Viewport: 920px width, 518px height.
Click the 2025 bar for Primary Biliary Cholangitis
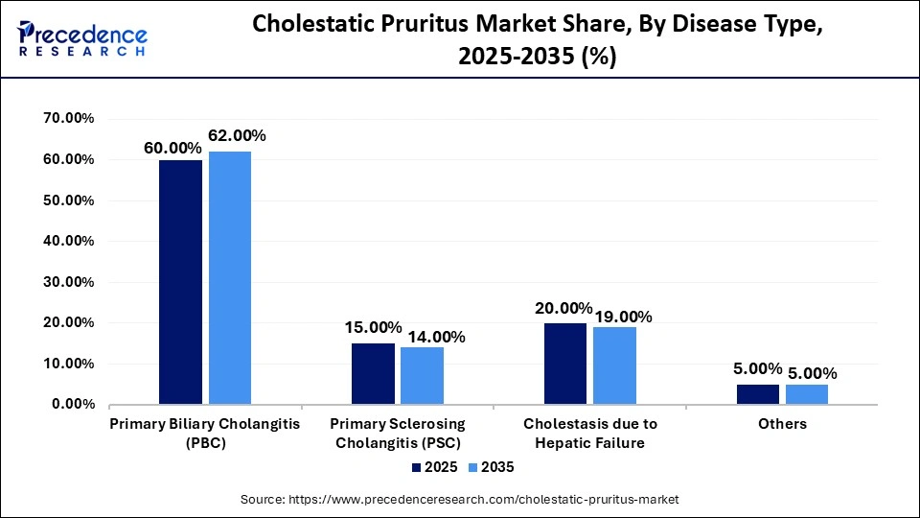[x=180, y=282]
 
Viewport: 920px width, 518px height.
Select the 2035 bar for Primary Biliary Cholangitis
[x=229, y=278]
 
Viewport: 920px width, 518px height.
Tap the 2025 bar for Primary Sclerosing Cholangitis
[x=373, y=374]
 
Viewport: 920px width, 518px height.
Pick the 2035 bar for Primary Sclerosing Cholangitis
[x=422, y=376]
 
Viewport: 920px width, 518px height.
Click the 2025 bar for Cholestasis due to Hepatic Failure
[x=565, y=364]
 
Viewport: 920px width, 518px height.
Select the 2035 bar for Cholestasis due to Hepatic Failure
[x=614, y=365]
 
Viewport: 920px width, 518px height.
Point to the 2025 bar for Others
[x=758, y=394]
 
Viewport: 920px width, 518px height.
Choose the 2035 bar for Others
[x=807, y=394]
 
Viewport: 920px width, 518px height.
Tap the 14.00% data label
[x=436, y=337]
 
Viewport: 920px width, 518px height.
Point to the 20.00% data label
[x=563, y=308]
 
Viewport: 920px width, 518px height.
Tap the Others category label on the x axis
[x=782, y=424]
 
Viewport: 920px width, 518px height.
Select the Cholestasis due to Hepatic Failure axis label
[x=589, y=433]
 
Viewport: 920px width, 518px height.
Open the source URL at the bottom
[x=460, y=500]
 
